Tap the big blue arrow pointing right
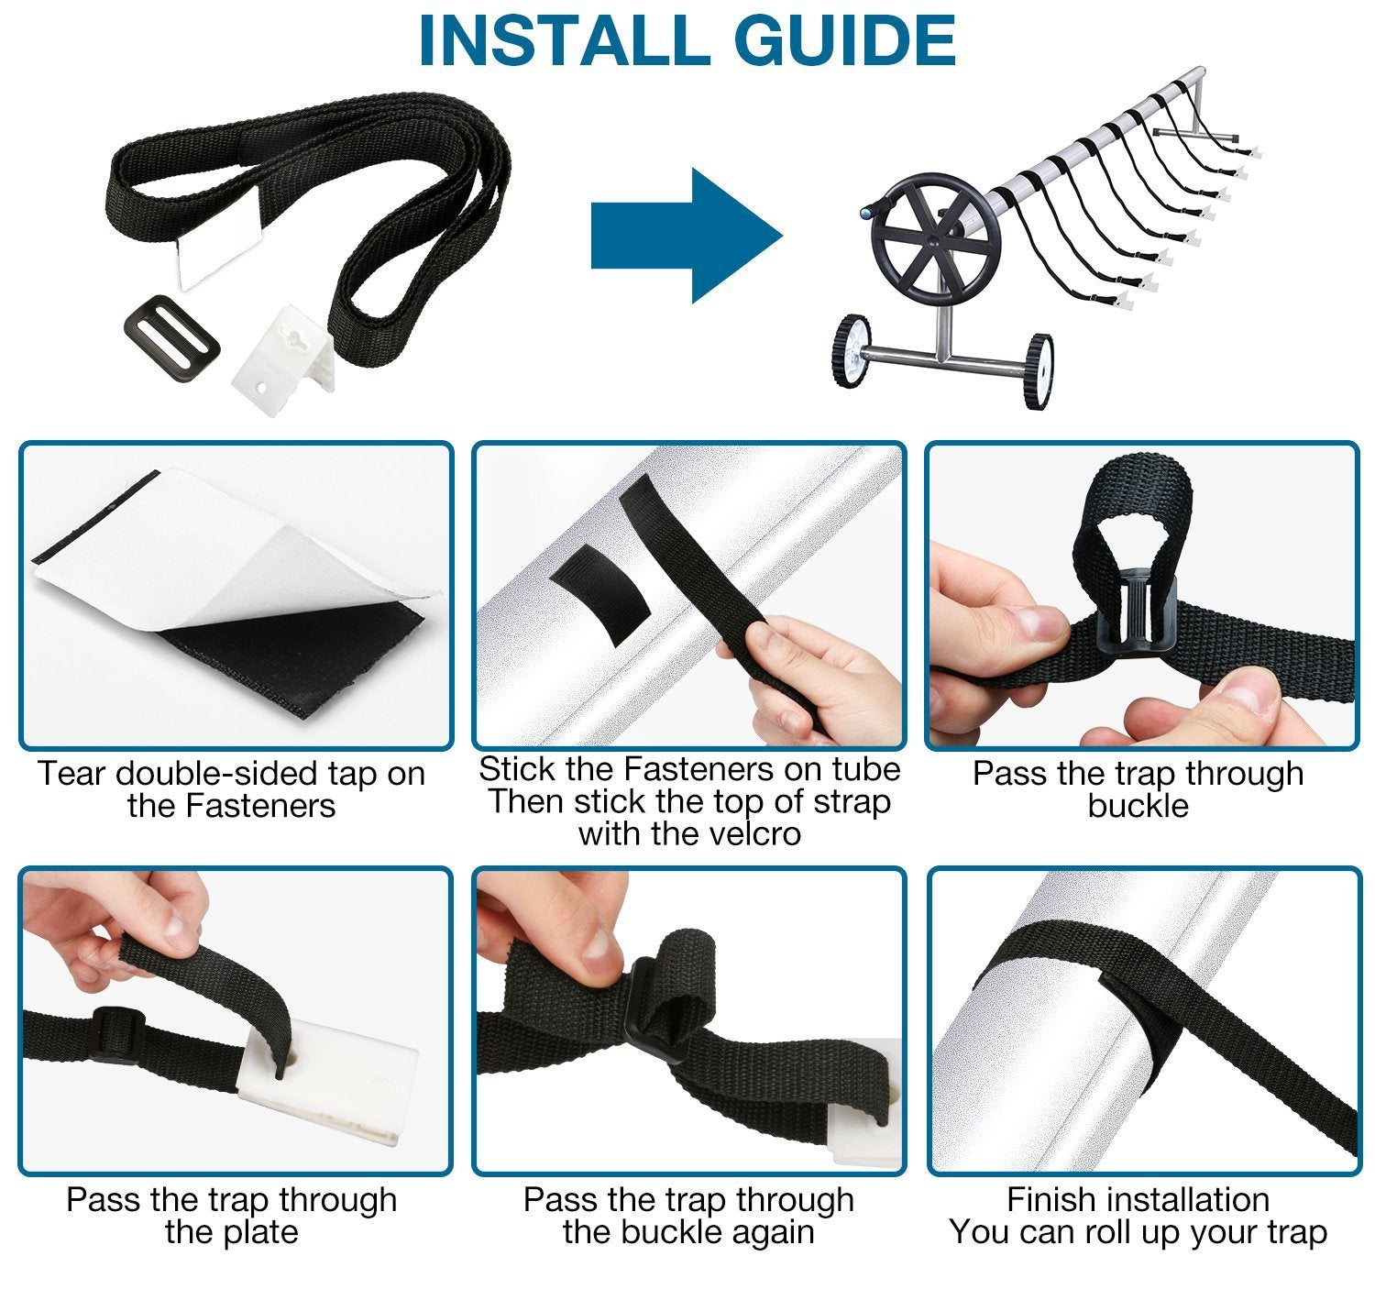(686, 236)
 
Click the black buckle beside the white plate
(172, 338)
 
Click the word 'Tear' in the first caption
(71, 774)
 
